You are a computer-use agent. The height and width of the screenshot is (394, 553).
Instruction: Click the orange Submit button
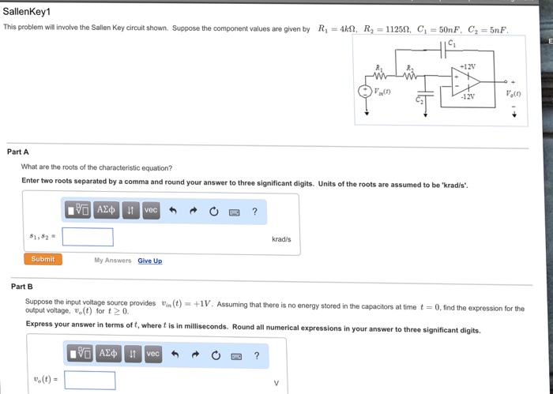tap(43, 259)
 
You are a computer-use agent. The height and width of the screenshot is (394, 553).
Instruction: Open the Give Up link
tap(149, 261)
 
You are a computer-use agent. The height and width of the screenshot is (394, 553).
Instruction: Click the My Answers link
tap(112, 260)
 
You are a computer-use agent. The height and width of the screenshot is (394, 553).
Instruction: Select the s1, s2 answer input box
tap(88, 237)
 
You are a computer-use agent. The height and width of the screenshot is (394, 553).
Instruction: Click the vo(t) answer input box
tap(89, 381)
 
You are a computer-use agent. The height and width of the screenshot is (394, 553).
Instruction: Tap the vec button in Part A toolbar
tap(151, 210)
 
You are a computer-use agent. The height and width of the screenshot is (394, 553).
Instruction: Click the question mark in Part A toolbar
tap(254, 212)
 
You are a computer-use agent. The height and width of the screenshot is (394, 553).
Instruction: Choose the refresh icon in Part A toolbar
tap(213, 212)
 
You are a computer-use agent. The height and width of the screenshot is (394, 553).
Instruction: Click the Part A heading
tap(17, 152)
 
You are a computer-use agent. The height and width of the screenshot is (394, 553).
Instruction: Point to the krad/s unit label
tap(281, 238)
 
